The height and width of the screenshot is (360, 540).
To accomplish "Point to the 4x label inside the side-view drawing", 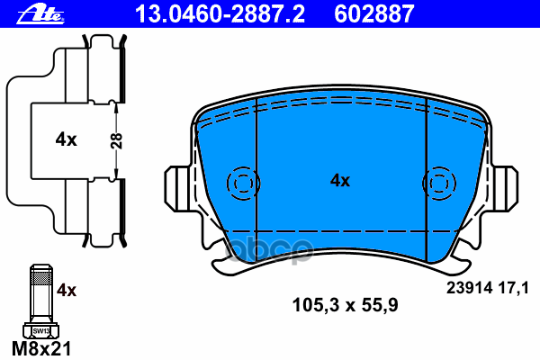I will pyautogui.click(x=66, y=139).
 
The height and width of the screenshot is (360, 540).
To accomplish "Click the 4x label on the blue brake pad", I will pyautogui.click(x=338, y=180).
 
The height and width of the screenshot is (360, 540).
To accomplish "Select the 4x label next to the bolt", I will pyautogui.click(x=66, y=291).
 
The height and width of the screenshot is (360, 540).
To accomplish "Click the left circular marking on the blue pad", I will pyautogui.click(x=240, y=184).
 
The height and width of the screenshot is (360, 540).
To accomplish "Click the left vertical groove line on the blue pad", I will pyautogui.click(x=257, y=171).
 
